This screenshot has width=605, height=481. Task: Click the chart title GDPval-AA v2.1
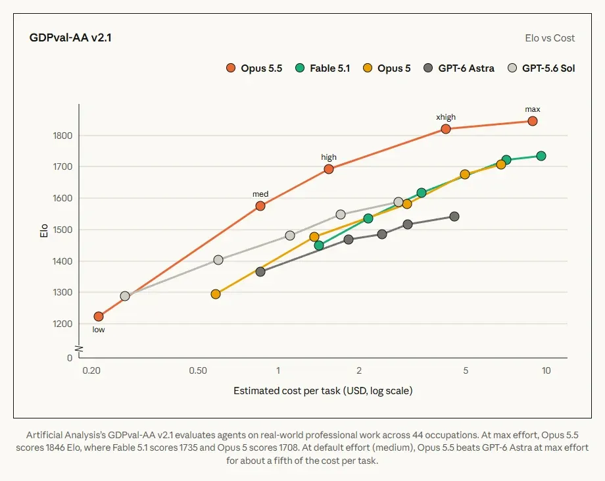pyautogui.click(x=70, y=38)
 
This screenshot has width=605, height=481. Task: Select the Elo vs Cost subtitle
pyautogui.click(x=550, y=38)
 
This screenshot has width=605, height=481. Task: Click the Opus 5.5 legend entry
pyautogui.click(x=254, y=68)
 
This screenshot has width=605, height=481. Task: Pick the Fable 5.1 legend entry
pyautogui.click(x=323, y=68)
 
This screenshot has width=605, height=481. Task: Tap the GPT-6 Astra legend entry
pyautogui.click(x=459, y=68)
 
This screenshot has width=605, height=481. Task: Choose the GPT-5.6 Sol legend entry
pyautogui.click(x=541, y=68)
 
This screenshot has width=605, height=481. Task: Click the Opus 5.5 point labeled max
pyautogui.click(x=533, y=121)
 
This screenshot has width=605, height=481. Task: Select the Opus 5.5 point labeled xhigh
pyautogui.click(x=446, y=129)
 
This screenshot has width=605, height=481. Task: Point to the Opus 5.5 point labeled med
pyautogui.click(x=260, y=206)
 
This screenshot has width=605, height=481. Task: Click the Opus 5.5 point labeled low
pyautogui.click(x=99, y=316)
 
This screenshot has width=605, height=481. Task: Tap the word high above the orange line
pyautogui.click(x=329, y=157)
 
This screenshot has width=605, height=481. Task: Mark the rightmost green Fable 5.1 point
pyautogui.click(x=541, y=156)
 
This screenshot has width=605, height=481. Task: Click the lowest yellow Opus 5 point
pyautogui.click(x=216, y=294)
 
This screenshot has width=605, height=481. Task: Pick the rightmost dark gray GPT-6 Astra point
pyautogui.click(x=454, y=216)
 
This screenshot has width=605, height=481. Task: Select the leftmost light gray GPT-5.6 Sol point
pyautogui.click(x=125, y=296)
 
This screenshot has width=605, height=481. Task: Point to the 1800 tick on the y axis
pyautogui.click(x=62, y=136)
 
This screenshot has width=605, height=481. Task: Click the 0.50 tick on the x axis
pyautogui.click(x=198, y=370)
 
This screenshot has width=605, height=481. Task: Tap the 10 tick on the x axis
pyautogui.click(x=546, y=370)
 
